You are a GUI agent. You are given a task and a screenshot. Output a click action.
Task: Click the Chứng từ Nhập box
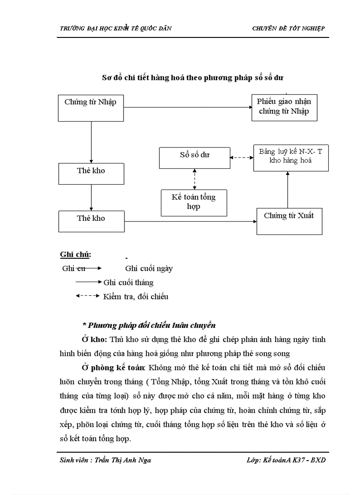[x=91, y=108]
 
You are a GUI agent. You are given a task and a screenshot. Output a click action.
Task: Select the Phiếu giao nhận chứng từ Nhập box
[x=284, y=107]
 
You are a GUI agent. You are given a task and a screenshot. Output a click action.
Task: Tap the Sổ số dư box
[x=195, y=157]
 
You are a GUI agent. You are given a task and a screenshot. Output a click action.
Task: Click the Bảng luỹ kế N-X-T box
[x=290, y=157]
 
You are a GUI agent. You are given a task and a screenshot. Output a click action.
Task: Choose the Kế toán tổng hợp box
[x=194, y=203]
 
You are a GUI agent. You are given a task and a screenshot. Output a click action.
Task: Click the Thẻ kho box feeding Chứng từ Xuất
[x=91, y=221]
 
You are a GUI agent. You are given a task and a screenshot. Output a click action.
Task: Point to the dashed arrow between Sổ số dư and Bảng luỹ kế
[x=242, y=157]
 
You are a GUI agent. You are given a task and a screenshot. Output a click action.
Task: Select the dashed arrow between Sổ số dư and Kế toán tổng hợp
[x=195, y=179]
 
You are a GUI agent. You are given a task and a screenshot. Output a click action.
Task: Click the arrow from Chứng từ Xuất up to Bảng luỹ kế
[x=288, y=190]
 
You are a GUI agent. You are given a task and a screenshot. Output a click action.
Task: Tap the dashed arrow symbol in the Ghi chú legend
[x=87, y=296]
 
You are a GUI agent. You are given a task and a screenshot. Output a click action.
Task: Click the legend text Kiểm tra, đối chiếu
[x=135, y=297]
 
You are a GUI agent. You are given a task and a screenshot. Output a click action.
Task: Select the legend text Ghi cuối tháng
[x=128, y=283]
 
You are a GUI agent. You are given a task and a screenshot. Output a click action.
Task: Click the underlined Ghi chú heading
[x=75, y=255]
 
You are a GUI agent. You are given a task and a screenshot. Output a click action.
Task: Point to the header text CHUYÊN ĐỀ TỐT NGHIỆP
[x=288, y=28]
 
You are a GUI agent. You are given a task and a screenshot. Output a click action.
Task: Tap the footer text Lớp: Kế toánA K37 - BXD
[x=286, y=460]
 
